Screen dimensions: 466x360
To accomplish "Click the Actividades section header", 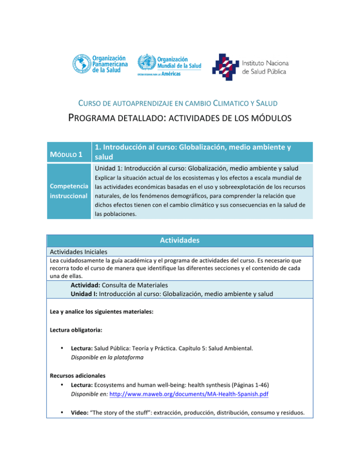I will pyautogui.click(x=180, y=241).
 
